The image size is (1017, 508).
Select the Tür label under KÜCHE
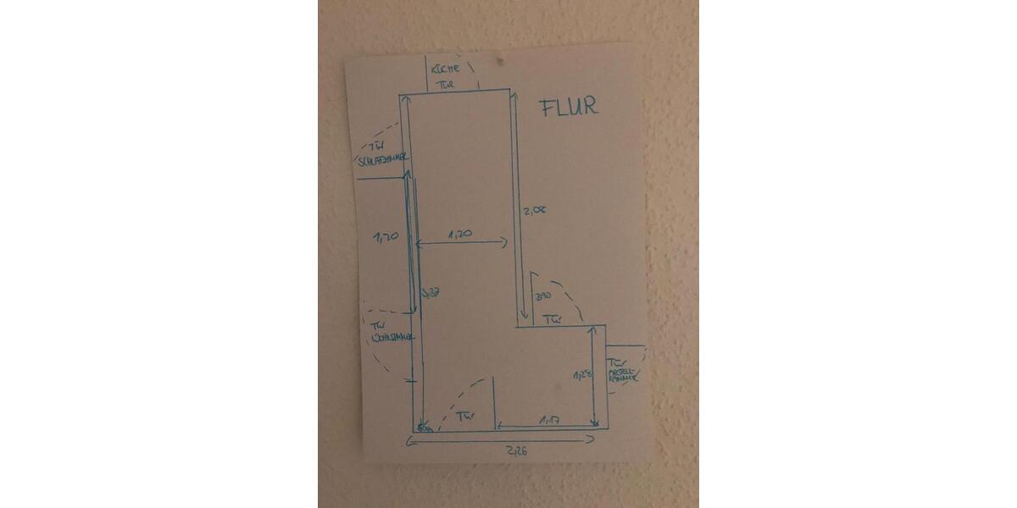pyautogui.click(x=446, y=85)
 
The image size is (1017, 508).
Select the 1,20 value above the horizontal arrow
pyautogui.click(x=460, y=233)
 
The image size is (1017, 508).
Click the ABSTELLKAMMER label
pyautogui.click(x=625, y=374)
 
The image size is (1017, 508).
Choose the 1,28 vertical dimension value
pyautogui.click(x=581, y=374)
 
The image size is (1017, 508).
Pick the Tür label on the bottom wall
pyautogui.click(x=464, y=417)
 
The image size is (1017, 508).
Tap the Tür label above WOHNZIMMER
pyautogui.click(x=379, y=324)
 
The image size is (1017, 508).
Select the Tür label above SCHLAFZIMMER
pyautogui.click(x=376, y=146)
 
